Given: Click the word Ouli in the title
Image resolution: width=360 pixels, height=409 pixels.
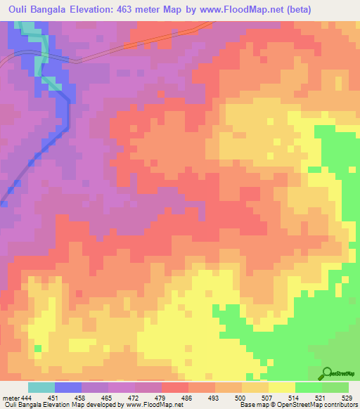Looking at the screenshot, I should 20,9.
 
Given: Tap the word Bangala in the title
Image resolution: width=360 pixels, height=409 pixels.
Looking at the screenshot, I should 63,9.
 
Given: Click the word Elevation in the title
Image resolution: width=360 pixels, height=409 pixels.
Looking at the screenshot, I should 117,9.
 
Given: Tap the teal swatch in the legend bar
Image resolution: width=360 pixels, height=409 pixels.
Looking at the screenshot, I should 41,387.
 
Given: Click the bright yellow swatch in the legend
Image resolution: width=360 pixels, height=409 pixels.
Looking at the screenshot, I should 281,387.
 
